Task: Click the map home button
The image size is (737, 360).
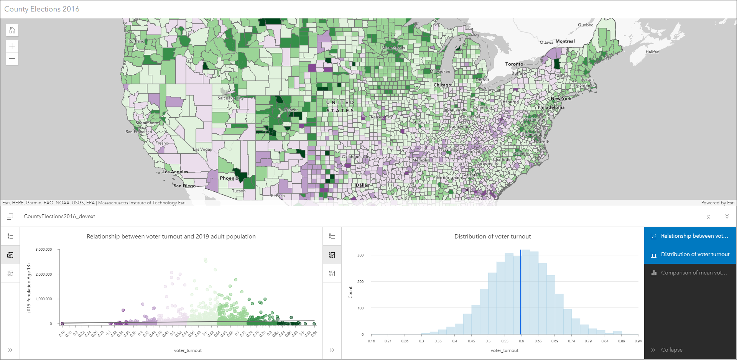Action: coord(12,31)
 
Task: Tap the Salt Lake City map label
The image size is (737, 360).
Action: coord(230,98)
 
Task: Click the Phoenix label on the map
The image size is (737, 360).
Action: coord(229,178)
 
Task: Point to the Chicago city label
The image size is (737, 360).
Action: coord(442,85)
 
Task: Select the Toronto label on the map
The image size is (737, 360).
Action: coord(514,64)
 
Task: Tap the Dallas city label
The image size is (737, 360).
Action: coord(362,185)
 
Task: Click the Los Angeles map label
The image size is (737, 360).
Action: coord(175,172)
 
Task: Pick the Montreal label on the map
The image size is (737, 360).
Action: coord(565,41)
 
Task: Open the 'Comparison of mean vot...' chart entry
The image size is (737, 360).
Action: coord(693,273)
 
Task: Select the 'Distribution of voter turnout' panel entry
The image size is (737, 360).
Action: coord(695,255)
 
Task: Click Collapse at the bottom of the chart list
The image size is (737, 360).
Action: coord(671,350)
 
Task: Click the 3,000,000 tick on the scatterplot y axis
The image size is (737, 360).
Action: coord(44,250)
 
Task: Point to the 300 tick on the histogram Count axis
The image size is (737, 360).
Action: coord(360,255)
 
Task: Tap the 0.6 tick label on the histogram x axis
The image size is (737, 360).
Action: coord(521,341)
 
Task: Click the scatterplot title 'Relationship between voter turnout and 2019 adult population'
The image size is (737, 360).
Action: coord(171,237)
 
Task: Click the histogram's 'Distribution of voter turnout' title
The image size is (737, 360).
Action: coord(492,237)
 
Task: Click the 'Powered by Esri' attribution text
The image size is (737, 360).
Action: coord(717,203)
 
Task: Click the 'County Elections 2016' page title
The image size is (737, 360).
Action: coord(42,9)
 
